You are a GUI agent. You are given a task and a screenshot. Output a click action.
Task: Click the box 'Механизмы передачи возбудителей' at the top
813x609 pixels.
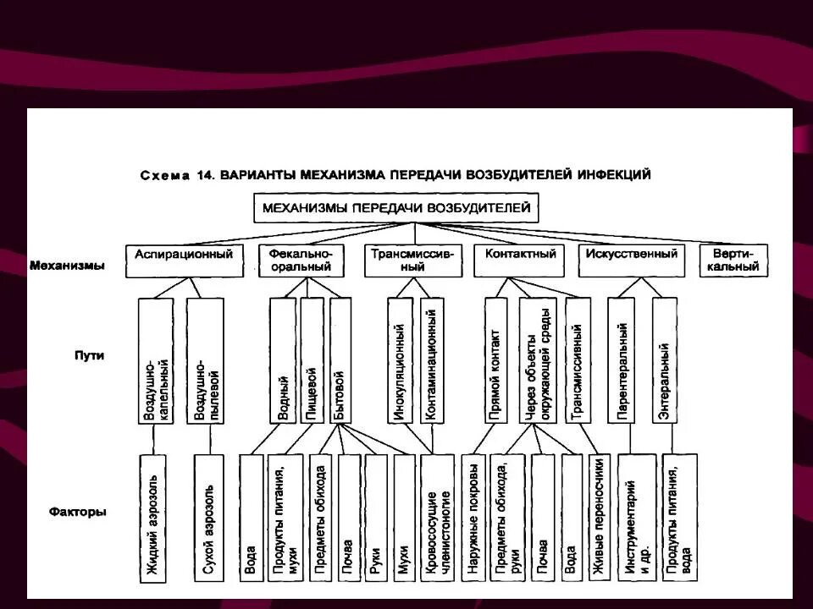click(x=396, y=208)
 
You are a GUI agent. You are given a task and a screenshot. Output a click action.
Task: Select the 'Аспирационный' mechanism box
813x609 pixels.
click(x=184, y=261)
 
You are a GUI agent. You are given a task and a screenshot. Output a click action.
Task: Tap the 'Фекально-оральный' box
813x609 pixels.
click(x=301, y=261)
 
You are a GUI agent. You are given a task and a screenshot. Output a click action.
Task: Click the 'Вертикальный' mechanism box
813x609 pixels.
click(x=733, y=261)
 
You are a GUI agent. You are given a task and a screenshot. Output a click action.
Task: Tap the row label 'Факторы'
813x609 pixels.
click(x=78, y=512)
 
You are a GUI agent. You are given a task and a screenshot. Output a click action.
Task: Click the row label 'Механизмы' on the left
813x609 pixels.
click(x=67, y=266)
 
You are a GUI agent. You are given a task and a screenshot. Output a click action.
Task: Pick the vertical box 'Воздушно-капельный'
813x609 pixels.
click(x=154, y=359)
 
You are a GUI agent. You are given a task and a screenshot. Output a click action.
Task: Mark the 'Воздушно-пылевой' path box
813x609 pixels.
click(x=203, y=359)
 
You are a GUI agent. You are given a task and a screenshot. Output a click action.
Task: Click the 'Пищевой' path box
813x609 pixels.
click(x=311, y=359)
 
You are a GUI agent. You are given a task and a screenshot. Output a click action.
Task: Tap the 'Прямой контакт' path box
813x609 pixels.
click(x=495, y=359)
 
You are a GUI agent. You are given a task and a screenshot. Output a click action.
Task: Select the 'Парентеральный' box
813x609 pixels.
click(x=622, y=359)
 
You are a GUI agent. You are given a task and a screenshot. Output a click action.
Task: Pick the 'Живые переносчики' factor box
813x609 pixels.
click(x=598, y=518)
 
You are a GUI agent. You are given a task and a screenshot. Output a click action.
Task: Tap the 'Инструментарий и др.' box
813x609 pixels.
click(x=636, y=518)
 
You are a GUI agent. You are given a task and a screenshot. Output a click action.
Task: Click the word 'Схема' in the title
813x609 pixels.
click(x=166, y=176)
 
